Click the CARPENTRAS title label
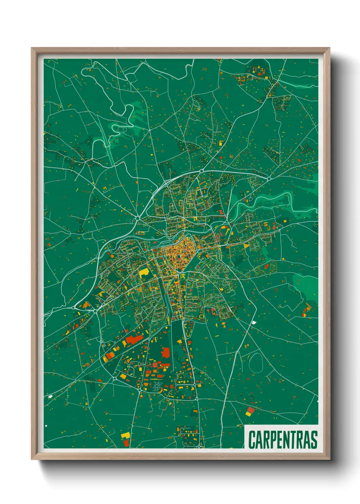[x=283, y=439]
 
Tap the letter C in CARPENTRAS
[x=252, y=440]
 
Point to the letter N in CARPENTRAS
[x=287, y=440]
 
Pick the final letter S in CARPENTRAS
[x=314, y=440]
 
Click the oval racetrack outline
[x=256, y=363]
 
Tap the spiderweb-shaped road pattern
[x=156, y=386]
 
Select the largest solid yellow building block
[x=144, y=272]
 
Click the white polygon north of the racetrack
[x=254, y=322]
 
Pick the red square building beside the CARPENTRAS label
[x=251, y=410]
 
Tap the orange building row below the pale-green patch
[x=307, y=308]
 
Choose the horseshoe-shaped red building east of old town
[x=224, y=232]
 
